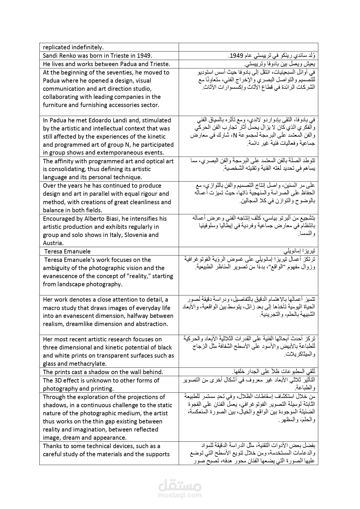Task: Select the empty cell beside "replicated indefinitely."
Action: (248, 47)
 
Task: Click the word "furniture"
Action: (55, 105)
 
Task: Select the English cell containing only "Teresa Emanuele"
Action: (67, 251)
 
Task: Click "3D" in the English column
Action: (59, 381)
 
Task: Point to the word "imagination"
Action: (88, 430)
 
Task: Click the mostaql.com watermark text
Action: (180, 495)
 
